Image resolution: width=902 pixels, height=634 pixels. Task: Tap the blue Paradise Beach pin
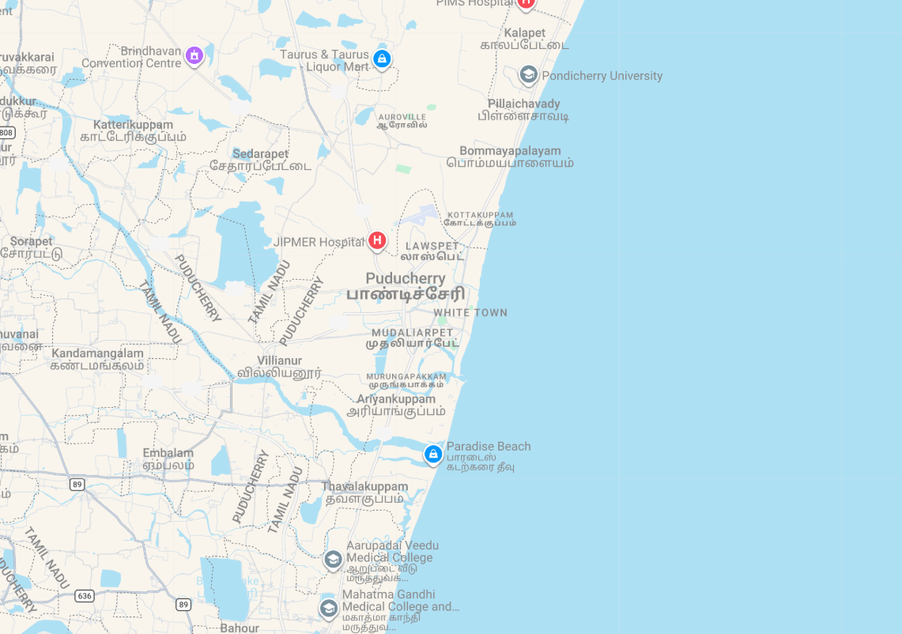pyautogui.click(x=432, y=454)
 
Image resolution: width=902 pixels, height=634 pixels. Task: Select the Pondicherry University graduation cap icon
pyautogui.click(x=528, y=75)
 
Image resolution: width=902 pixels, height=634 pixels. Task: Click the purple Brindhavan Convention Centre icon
pyautogui.click(x=194, y=55)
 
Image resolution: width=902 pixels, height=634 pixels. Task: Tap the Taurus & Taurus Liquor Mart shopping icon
pyautogui.click(x=382, y=58)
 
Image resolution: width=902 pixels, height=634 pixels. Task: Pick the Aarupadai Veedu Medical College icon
pyautogui.click(x=333, y=560)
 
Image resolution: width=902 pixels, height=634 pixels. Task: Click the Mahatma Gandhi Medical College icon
pyautogui.click(x=328, y=608)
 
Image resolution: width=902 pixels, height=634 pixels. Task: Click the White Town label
pyautogui.click(x=470, y=313)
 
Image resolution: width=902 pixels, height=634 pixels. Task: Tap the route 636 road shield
pyautogui.click(x=85, y=595)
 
